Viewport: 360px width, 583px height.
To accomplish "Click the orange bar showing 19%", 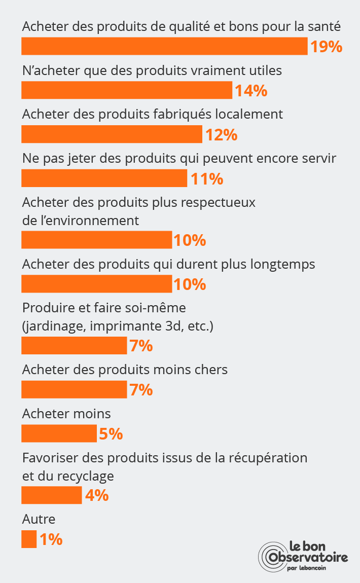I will (164, 46).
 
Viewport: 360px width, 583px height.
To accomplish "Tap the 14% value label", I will (250, 91).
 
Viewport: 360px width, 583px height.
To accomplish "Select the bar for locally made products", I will (112, 134).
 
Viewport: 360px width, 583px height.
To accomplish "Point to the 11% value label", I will (206, 178).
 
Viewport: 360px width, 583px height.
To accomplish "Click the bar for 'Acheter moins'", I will (59, 434).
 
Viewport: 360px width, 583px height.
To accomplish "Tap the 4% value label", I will (96, 495).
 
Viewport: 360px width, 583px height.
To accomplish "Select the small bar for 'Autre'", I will (29, 539).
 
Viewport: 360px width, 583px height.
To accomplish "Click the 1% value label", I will (51, 539).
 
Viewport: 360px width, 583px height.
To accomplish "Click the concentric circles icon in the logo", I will (272, 558).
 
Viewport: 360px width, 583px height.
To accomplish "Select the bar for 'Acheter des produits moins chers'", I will (74, 390).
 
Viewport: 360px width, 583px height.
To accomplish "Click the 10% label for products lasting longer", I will (190, 284).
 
